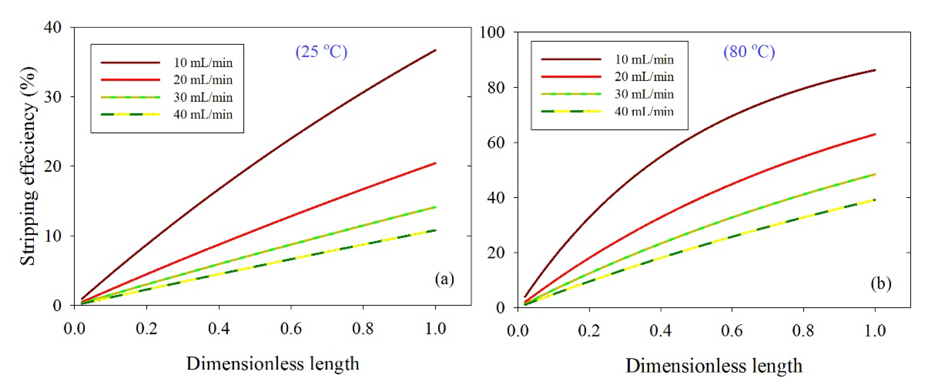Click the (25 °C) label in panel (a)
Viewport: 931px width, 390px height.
coord(321,52)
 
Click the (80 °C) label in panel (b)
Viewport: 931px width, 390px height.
coord(749,52)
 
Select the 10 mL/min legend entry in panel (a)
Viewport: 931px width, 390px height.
coord(203,63)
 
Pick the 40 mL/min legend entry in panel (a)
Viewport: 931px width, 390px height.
coord(203,114)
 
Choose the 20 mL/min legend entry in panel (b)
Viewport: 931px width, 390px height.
coord(644,77)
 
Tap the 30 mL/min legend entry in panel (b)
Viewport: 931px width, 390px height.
coord(644,94)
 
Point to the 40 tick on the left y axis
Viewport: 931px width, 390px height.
coord(53,27)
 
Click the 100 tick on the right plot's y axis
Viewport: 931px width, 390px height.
coord(492,32)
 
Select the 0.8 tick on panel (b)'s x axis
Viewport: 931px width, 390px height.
coord(803,330)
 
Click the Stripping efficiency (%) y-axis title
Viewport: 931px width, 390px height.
coord(28,166)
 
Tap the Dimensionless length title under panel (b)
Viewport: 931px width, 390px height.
coord(714,365)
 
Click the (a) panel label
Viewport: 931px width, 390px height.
coord(444,279)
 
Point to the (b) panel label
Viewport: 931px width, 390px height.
coord(881,284)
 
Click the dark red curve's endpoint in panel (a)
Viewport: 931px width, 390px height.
coord(435,50)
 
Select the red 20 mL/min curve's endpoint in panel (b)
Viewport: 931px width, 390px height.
coord(875,134)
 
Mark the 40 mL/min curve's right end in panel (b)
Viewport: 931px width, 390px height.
coord(875,200)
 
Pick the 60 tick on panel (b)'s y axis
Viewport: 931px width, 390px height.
coord(496,143)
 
